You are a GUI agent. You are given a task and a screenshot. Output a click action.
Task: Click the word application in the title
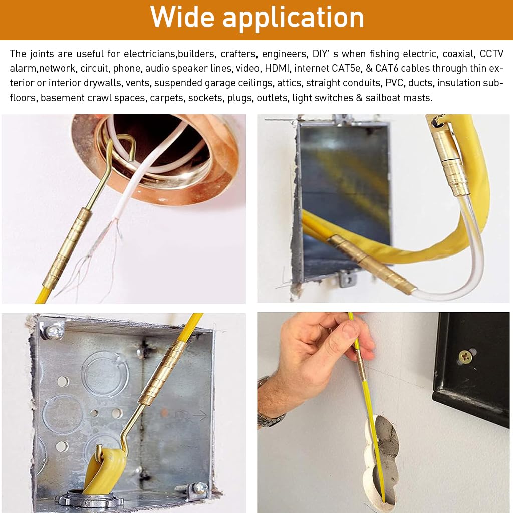click(293, 19)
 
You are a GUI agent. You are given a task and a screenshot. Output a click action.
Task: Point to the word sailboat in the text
click(388, 98)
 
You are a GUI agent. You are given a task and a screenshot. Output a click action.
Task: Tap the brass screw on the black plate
click(466, 357)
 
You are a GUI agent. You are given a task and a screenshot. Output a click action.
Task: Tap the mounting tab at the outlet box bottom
click(347, 278)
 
